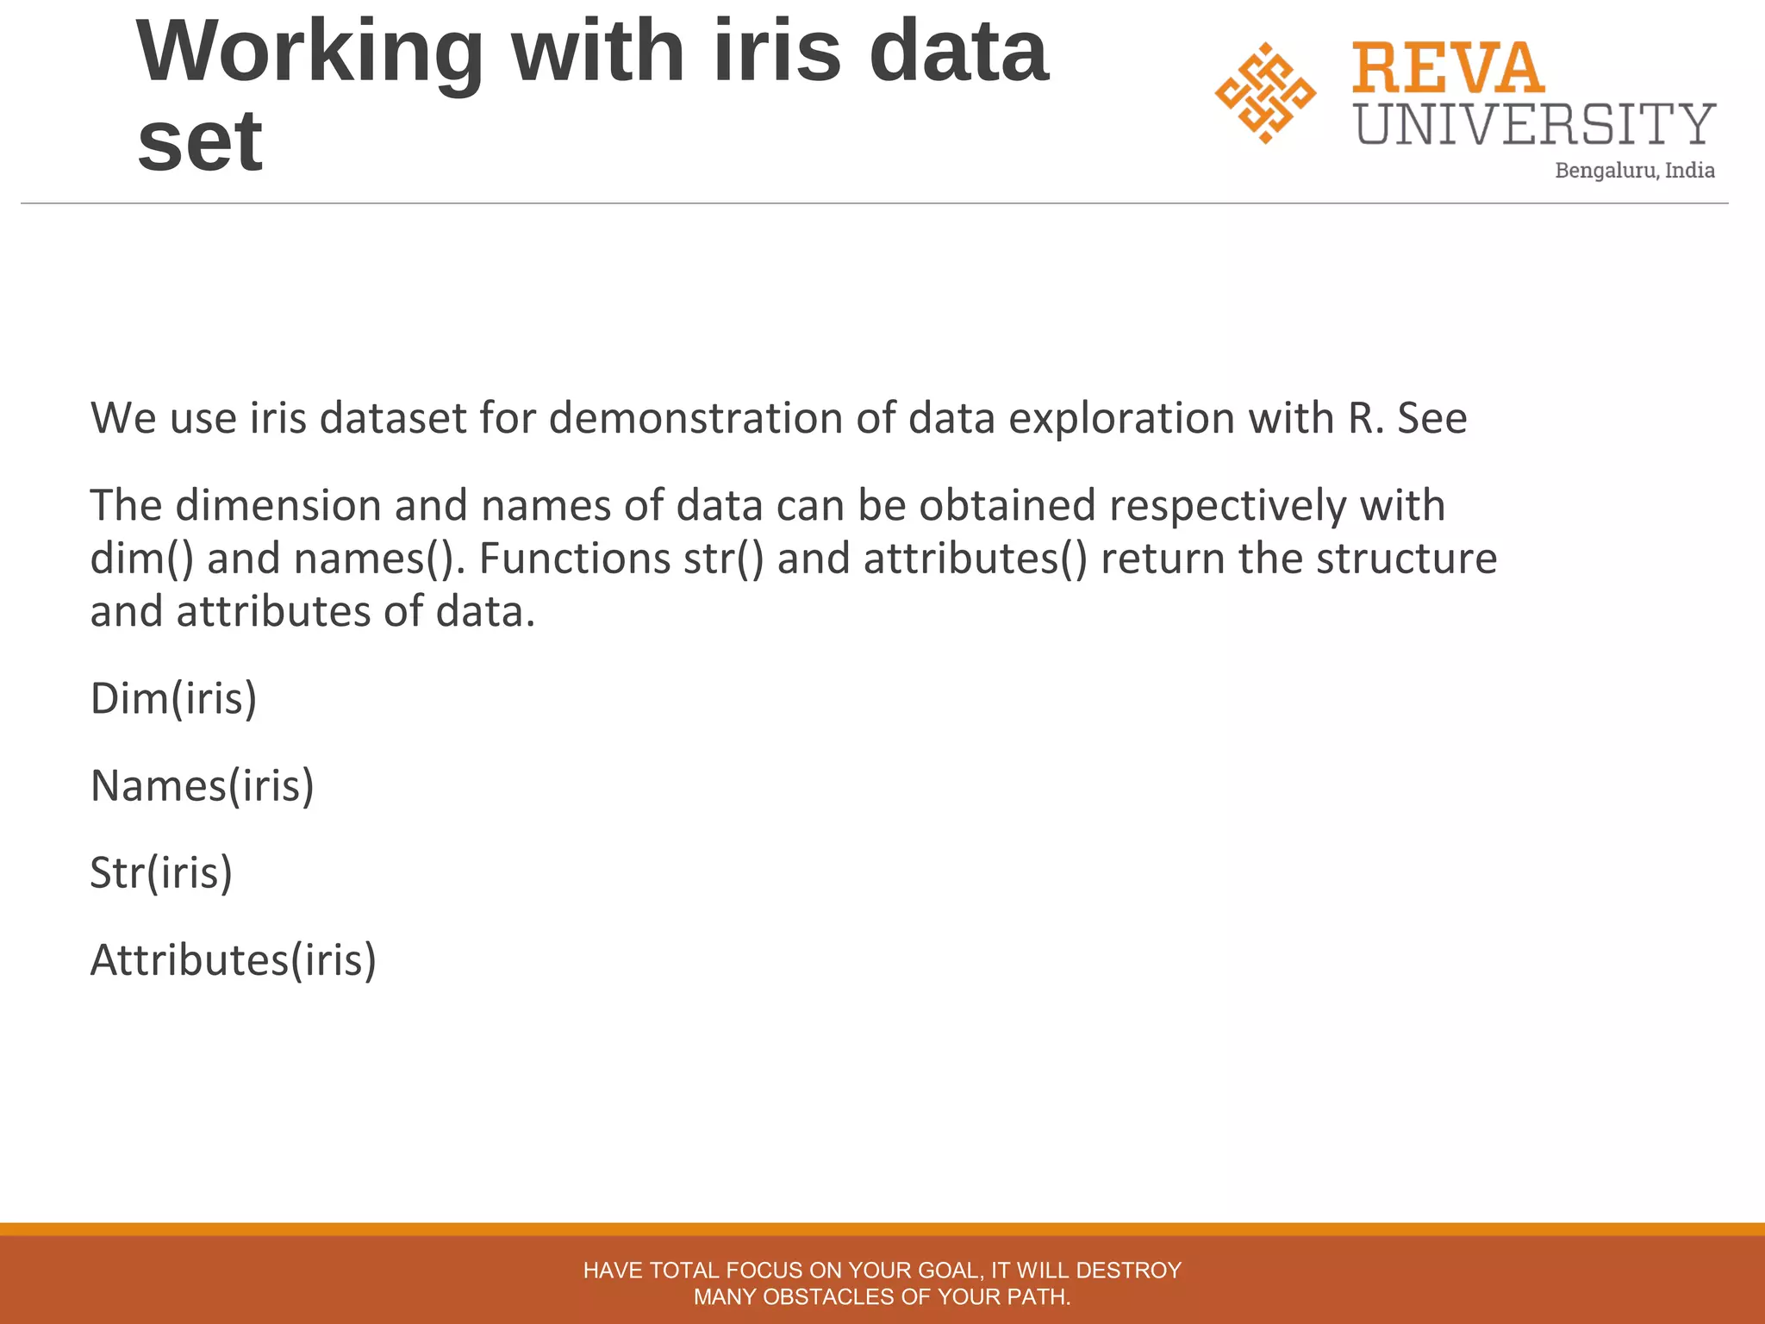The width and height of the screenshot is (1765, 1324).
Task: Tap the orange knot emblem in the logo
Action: point(1265,93)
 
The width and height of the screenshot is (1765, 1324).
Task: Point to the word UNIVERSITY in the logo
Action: point(1536,124)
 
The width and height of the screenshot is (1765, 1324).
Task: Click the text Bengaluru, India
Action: point(1634,171)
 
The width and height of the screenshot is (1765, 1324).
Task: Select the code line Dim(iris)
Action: point(174,698)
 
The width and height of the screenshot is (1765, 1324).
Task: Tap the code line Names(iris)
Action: point(203,786)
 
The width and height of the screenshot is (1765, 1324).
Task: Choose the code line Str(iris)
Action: point(162,873)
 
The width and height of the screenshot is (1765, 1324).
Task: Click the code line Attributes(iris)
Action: point(234,960)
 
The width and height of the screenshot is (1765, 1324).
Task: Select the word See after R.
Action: point(1431,419)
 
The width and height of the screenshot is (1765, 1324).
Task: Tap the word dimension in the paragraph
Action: point(278,506)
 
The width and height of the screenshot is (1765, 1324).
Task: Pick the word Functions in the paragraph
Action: point(574,559)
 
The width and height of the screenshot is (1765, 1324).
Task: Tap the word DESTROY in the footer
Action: point(1128,1271)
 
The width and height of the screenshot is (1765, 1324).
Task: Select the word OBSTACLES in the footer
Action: point(829,1297)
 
